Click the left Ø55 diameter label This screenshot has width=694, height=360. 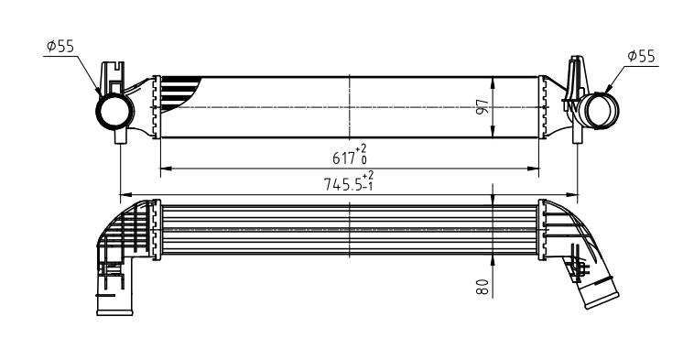click(60, 46)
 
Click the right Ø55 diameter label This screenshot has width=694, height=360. click(641, 56)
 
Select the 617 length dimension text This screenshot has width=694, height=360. click(344, 158)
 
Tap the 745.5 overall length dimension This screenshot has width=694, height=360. click(342, 184)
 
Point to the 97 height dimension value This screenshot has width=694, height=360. click(483, 107)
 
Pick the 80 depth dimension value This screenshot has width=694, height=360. click(483, 287)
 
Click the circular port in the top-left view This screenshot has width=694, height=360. click(114, 112)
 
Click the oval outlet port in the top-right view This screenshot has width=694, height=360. click(600, 111)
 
